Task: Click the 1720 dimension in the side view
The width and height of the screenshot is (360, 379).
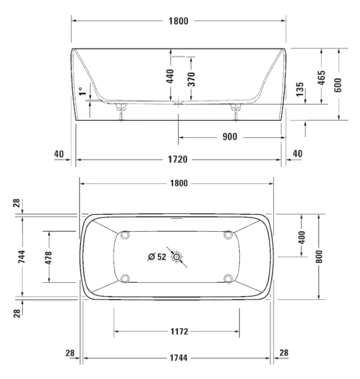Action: coord(178,159)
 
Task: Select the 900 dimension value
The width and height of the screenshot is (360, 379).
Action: coord(230,137)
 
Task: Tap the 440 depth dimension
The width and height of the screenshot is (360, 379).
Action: coord(171,76)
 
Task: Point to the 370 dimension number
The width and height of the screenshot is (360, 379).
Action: coord(191,79)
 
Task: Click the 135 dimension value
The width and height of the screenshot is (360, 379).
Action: coord(300,89)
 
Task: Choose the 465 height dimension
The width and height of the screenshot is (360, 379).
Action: coord(321,78)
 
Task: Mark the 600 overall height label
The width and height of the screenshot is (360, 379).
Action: coord(338,85)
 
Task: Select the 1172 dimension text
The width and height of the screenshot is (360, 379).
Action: coord(179,331)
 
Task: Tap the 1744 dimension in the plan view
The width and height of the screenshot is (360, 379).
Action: coord(179,358)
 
